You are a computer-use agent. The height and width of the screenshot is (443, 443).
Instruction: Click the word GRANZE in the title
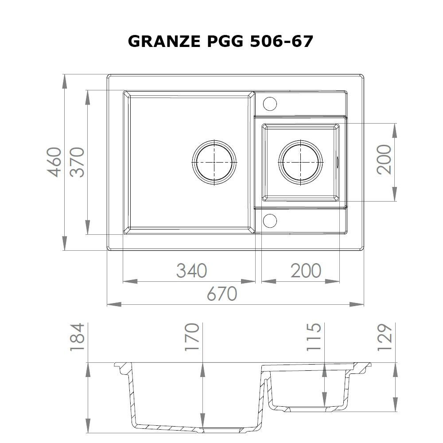[x=158, y=41]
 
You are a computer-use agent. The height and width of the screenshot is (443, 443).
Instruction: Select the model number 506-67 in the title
[x=282, y=41]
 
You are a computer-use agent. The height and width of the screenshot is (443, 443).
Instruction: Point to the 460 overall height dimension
[x=54, y=162]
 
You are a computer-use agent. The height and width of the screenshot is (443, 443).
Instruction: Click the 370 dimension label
[x=78, y=162]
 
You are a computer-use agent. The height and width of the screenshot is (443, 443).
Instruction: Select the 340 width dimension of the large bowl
[x=191, y=270]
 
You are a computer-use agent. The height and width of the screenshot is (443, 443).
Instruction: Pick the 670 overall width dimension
[x=222, y=294]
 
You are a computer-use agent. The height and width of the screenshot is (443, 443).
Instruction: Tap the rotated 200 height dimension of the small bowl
[x=384, y=159]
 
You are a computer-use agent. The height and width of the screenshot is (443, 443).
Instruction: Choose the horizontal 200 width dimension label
[x=306, y=270]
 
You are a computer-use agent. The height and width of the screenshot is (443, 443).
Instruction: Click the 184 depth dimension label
[x=78, y=337]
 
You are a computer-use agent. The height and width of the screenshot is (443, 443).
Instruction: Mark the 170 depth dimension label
[x=191, y=337]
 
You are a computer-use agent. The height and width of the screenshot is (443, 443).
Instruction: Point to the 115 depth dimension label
[x=314, y=337]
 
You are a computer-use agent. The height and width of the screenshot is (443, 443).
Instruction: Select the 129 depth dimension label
[x=384, y=337]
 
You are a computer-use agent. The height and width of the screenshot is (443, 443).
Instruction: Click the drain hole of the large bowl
[x=214, y=162]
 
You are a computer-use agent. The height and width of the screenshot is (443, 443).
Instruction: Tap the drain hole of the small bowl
[x=300, y=162]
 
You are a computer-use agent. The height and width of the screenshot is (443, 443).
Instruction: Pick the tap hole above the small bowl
[x=270, y=104]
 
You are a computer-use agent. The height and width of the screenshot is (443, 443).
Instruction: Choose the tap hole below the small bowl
[x=270, y=220]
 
